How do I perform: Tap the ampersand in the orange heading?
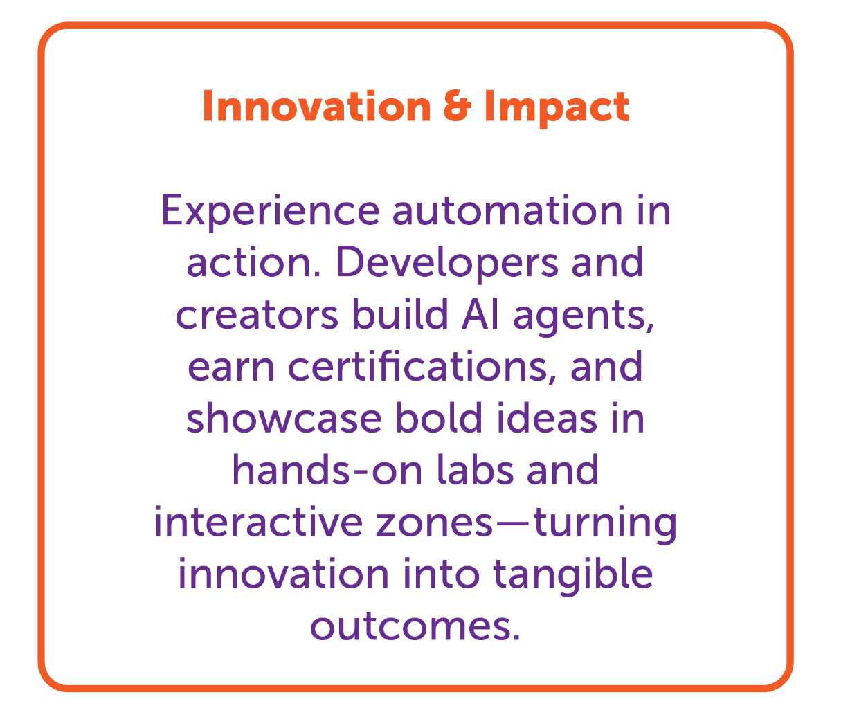(456, 107)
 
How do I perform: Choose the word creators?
(256, 315)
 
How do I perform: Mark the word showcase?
(284, 419)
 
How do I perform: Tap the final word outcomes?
(413, 627)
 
